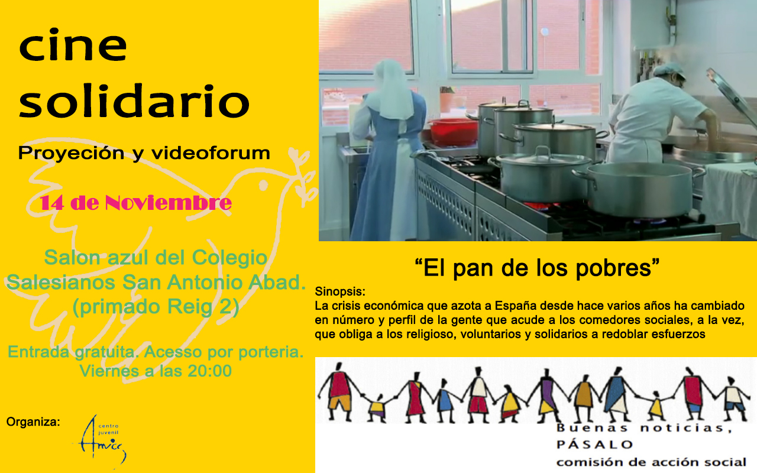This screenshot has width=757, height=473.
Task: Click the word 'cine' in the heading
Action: (73, 45)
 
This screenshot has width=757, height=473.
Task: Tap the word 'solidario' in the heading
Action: (134, 101)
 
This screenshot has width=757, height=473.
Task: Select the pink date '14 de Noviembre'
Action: (136, 203)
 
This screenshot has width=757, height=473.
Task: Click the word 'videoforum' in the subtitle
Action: (211, 153)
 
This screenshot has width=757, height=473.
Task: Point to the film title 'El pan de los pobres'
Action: (538, 268)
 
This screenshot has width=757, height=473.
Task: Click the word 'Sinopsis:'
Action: (340, 291)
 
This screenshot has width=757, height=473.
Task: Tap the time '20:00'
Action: (209, 371)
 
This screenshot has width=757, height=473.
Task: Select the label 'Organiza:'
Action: (33, 422)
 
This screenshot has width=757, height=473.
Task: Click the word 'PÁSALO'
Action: (595, 444)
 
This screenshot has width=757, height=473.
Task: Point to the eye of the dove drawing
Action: (263, 185)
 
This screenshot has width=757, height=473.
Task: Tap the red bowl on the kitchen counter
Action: (453, 131)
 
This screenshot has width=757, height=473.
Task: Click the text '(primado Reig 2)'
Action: (156, 307)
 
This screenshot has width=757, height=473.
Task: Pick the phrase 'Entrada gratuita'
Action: (72, 352)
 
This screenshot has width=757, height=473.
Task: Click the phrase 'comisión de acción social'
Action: (651, 462)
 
